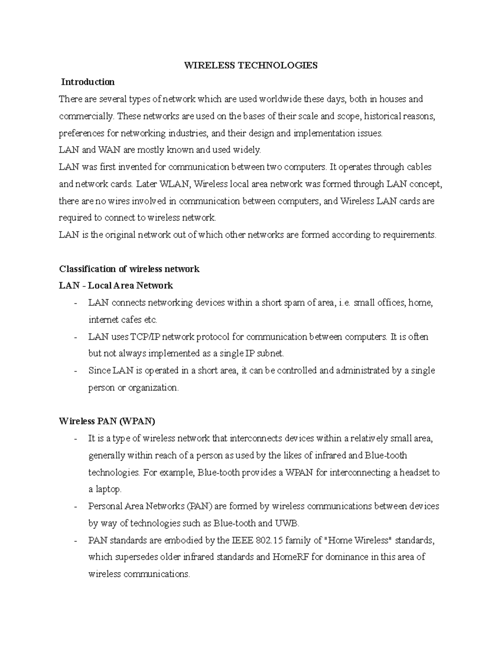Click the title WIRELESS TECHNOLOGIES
(251, 65)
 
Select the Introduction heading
(88, 82)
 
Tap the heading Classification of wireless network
(129, 269)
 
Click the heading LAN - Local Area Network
(116, 286)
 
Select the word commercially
(85, 116)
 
